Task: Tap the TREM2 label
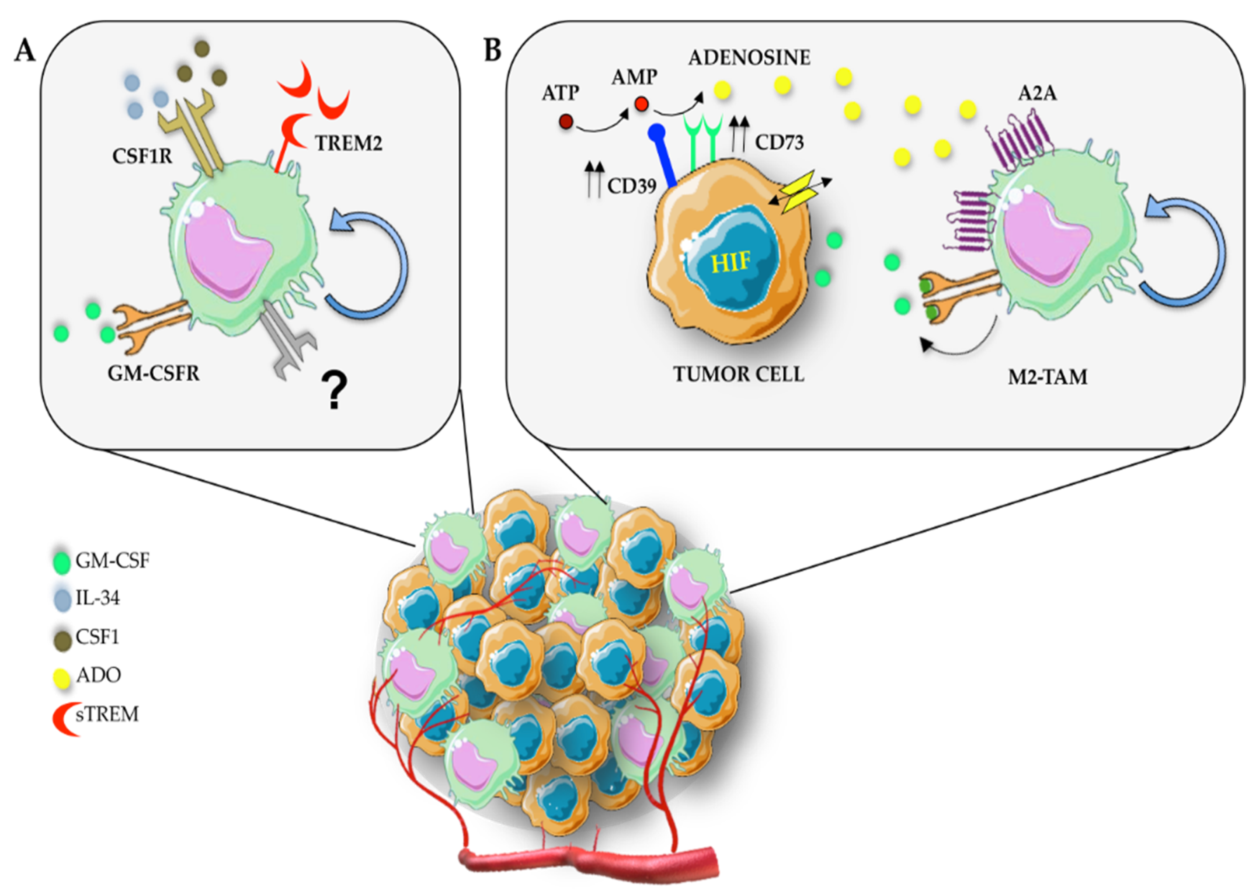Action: point(348,144)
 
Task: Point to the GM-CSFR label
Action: point(153,374)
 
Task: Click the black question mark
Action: point(334,391)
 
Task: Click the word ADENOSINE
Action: point(749,57)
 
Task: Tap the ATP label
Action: point(560,93)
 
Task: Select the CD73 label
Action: point(779,143)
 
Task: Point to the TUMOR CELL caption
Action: point(739,374)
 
